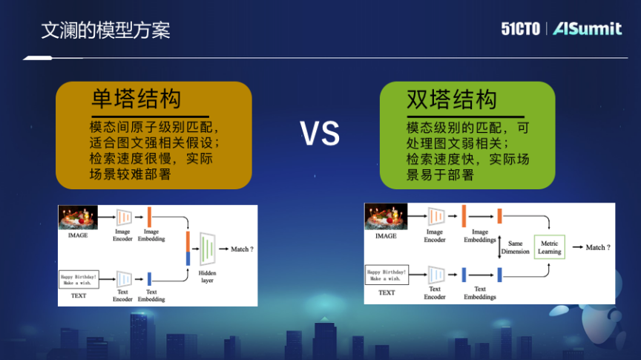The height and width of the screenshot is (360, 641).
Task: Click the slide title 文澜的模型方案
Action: point(105,30)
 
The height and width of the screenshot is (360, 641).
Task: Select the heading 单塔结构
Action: point(137,100)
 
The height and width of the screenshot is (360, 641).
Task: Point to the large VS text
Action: point(320,134)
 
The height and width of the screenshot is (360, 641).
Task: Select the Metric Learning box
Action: point(550,247)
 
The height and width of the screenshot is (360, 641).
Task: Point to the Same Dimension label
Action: point(515,247)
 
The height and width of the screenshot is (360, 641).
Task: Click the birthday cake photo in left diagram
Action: point(78,217)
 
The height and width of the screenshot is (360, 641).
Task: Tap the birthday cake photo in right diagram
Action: point(386,217)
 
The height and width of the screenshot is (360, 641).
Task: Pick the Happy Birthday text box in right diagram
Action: point(387,275)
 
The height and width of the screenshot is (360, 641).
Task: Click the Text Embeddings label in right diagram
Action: point(480,292)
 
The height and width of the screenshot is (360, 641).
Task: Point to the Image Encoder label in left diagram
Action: point(122,235)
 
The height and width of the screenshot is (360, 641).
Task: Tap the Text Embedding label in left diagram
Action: point(151,295)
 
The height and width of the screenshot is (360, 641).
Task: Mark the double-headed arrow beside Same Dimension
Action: point(501,246)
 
